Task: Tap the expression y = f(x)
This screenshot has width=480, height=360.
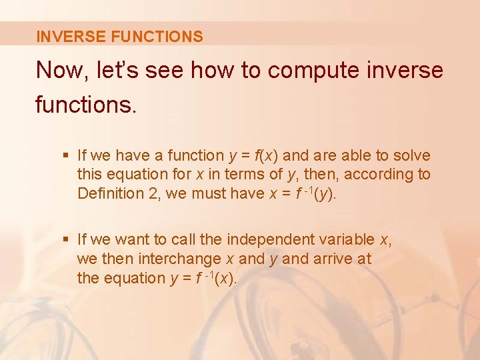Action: [254, 156]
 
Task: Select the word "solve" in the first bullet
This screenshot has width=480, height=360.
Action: [411, 156]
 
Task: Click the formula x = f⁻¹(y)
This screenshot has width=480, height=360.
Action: [314, 194]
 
